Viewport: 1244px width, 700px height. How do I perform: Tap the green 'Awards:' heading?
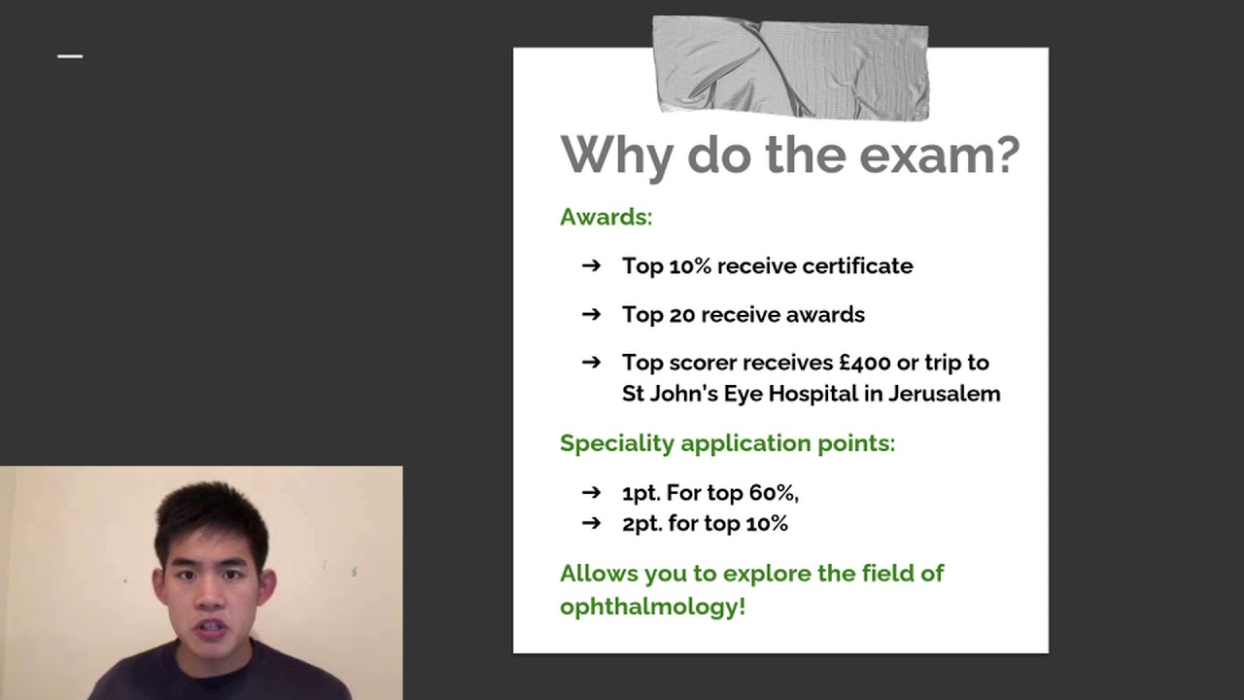(605, 217)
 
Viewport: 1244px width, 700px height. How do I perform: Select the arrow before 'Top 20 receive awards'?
(591, 314)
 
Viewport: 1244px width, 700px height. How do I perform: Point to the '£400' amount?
(864, 363)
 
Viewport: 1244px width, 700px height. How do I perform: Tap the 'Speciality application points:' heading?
(727, 443)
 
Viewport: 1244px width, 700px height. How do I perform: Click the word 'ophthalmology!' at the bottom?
(652, 607)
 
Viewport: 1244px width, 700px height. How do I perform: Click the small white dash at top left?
(70, 56)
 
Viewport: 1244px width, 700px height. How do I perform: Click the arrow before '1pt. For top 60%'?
(591, 493)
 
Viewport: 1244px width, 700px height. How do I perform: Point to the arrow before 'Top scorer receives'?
(591, 363)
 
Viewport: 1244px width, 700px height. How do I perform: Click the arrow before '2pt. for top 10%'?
(591, 524)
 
